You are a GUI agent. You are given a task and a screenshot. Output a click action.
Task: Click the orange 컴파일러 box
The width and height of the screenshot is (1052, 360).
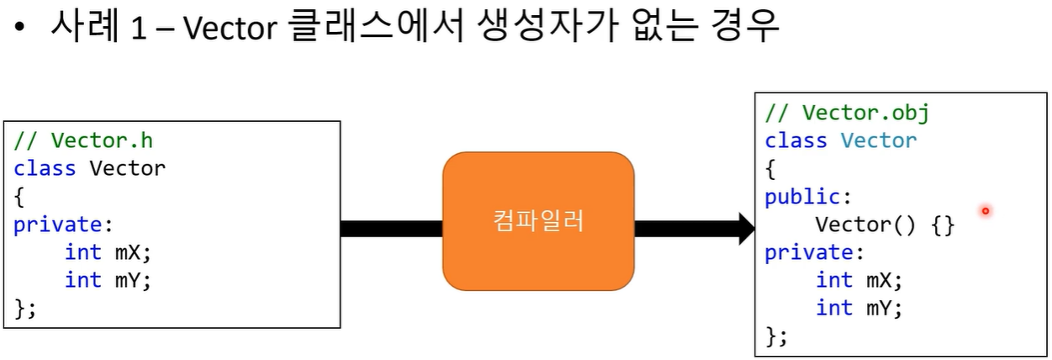[x=538, y=221]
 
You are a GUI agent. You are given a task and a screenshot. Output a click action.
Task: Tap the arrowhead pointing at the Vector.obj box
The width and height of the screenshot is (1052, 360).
[x=746, y=228]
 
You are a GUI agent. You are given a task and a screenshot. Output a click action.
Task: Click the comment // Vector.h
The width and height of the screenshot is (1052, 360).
[x=83, y=140]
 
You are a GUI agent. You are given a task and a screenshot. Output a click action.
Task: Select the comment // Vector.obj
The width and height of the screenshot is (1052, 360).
[x=847, y=113]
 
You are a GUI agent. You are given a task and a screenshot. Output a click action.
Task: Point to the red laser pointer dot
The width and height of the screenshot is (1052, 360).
[x=985, y=211]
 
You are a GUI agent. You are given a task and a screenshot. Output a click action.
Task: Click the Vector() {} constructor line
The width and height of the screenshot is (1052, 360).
[x=885, y=225]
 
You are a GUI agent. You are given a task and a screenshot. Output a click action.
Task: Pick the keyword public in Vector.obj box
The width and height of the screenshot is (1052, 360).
[x=802, y=197]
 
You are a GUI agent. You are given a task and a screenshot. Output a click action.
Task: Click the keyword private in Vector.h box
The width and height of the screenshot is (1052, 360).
[x=58, y=224]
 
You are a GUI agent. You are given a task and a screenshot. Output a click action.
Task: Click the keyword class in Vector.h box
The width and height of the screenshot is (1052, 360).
[x=45, y=167]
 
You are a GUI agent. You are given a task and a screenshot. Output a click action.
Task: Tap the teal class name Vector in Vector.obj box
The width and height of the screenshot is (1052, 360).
[x=879, y=140]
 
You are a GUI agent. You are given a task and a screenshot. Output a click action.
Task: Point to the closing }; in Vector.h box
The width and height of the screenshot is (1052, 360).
[x=25, y=308]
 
